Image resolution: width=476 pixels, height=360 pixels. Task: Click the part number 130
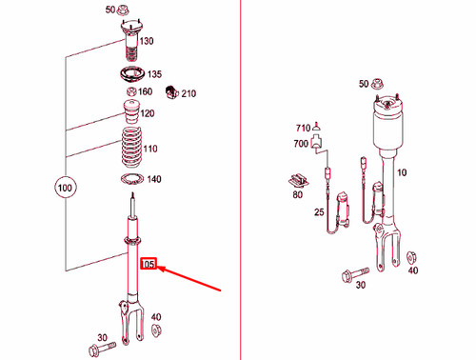click(x=146, y=42)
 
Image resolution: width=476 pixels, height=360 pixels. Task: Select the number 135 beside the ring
click(x=155, y=74)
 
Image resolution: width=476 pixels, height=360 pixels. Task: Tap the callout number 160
click(x=146, y=92)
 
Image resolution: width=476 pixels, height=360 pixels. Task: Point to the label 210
click(x=188, y=93)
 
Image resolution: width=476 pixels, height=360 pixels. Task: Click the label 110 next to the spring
click(x=150, y=150)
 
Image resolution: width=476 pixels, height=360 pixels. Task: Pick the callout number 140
click(x=154, y=179)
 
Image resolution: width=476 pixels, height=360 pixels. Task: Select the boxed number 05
click(x=148, y=264)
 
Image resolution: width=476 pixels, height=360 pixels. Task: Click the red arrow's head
click(x=160, y=270)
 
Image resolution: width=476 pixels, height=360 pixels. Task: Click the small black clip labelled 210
click(x=171, y=92)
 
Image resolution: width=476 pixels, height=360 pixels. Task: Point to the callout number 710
click(x=304, y=127)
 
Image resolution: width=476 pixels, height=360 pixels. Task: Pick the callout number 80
click(x=299, y=195)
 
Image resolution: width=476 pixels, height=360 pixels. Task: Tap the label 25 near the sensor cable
click(x=319, y=211)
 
